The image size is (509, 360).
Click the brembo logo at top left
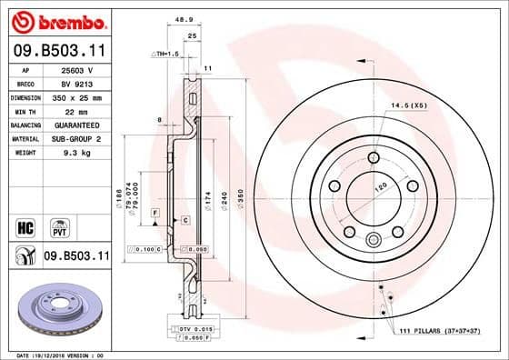(56, 20)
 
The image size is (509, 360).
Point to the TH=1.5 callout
(166, 54)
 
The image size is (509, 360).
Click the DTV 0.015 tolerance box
(193, 327)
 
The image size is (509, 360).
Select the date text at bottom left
(55, 353)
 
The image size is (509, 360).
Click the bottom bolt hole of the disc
(372, 240)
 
